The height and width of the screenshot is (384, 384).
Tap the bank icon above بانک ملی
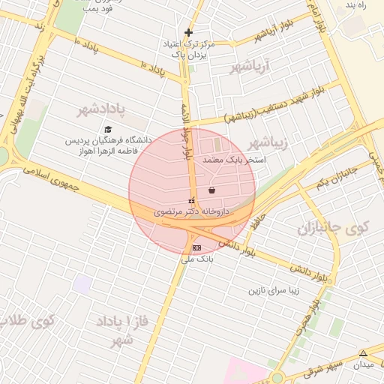196,247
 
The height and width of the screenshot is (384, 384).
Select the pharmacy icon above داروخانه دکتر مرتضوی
191,201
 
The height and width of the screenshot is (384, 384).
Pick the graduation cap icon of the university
108,129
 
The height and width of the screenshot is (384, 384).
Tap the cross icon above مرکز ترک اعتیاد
188,32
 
